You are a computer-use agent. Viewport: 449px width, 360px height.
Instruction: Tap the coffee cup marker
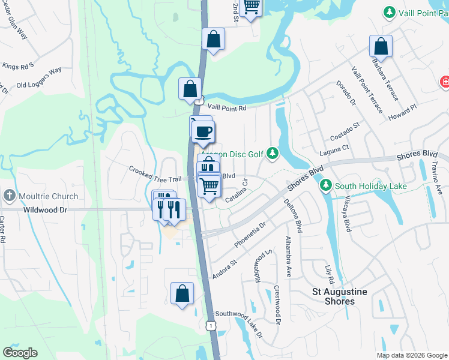tap(203, 131)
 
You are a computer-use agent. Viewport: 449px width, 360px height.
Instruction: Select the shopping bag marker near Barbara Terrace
tap(381, 46)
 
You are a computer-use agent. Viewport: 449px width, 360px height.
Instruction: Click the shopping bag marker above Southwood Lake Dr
tap(182, 294)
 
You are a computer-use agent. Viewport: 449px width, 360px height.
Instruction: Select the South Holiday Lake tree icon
tap(326, 186)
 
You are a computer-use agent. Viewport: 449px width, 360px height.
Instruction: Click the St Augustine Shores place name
tap(340, 296)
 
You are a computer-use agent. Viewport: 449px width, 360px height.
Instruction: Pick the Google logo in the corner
tap(20, 353)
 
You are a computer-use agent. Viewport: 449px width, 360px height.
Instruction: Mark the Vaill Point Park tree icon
tap(390, 12)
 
